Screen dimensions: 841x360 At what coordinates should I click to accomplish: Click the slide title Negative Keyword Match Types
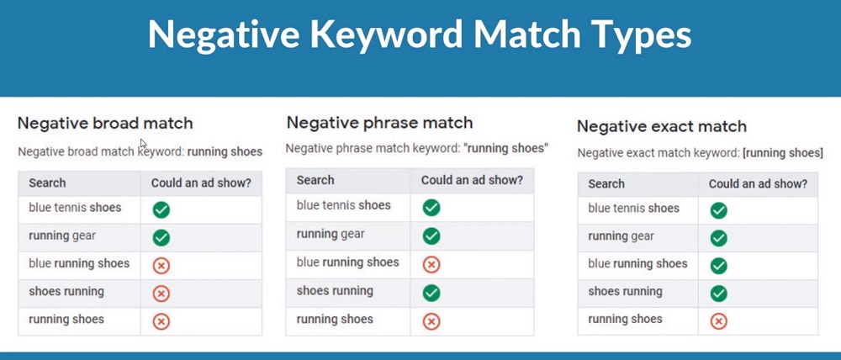(x=420, y=35)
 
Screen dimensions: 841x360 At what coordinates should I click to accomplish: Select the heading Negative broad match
(x=105, y=124)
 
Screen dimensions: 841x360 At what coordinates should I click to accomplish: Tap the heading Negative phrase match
(x=380, y=123)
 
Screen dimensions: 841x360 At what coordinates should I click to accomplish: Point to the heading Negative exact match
(x=662, y=127)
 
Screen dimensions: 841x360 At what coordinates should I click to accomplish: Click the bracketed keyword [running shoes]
(x=782, y=153)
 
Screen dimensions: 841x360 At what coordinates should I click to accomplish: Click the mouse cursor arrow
(x=143, y=144)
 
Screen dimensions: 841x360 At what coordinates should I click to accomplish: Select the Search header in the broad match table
(x=47, y=183)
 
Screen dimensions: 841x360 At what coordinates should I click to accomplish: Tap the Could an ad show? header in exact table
(x=758, y=184)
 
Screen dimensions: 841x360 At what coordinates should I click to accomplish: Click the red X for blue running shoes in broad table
(x=161, y=266)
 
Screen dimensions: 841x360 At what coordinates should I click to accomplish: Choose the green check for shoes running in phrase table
(x=431, y=293)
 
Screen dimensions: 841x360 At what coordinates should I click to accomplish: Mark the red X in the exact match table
(x=719, y=321)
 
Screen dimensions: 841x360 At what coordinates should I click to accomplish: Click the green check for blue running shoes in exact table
(x=719, y=266)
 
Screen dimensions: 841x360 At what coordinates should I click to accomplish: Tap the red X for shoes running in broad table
(x=161, y=294)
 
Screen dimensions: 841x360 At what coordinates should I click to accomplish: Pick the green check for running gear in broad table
(x=161, y=238)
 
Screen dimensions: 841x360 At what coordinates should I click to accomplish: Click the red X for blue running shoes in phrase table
(x=431, y=264)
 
